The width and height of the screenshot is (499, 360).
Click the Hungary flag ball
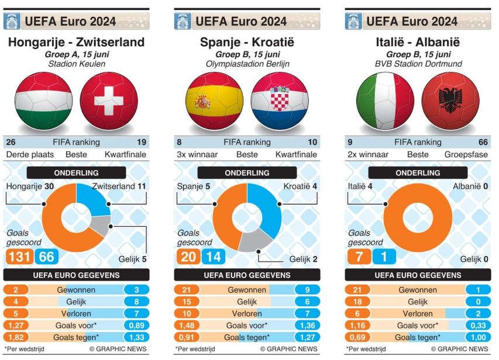pos(43,102)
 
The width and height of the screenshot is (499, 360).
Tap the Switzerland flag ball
pos(109,102)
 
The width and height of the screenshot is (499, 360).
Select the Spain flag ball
pos(214,102)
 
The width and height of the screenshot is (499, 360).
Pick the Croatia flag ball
pos(280,102)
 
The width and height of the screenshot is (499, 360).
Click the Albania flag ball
pos(450,102)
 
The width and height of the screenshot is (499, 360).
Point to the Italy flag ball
pos(385,102)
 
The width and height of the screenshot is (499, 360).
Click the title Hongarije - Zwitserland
pos(76,42)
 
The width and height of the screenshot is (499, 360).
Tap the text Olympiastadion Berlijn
pos(247,63)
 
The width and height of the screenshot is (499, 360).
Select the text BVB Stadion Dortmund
pos(418,63)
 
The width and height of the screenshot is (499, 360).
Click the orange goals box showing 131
pos(19,257)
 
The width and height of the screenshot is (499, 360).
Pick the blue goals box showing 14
pos(213,257)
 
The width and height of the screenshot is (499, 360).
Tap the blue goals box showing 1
pos(384,257)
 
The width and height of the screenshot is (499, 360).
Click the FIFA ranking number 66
pos(483,142)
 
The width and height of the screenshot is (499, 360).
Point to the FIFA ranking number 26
pos(11,142)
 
